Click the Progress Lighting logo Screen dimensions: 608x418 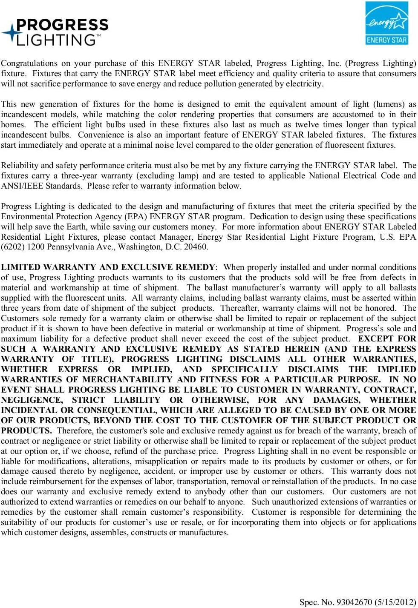click(x=55, y=32)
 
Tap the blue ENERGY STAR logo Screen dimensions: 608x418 click(x=386, y=23)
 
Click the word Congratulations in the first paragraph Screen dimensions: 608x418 click(x=29, y=63)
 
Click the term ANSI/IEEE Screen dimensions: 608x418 click(x=22, y=186)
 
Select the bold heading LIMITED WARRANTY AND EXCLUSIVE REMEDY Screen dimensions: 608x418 click(x=108, y=267)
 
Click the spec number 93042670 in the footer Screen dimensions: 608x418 click(x=354, y=602)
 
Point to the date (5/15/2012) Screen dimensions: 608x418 click(x=395, y=602)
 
